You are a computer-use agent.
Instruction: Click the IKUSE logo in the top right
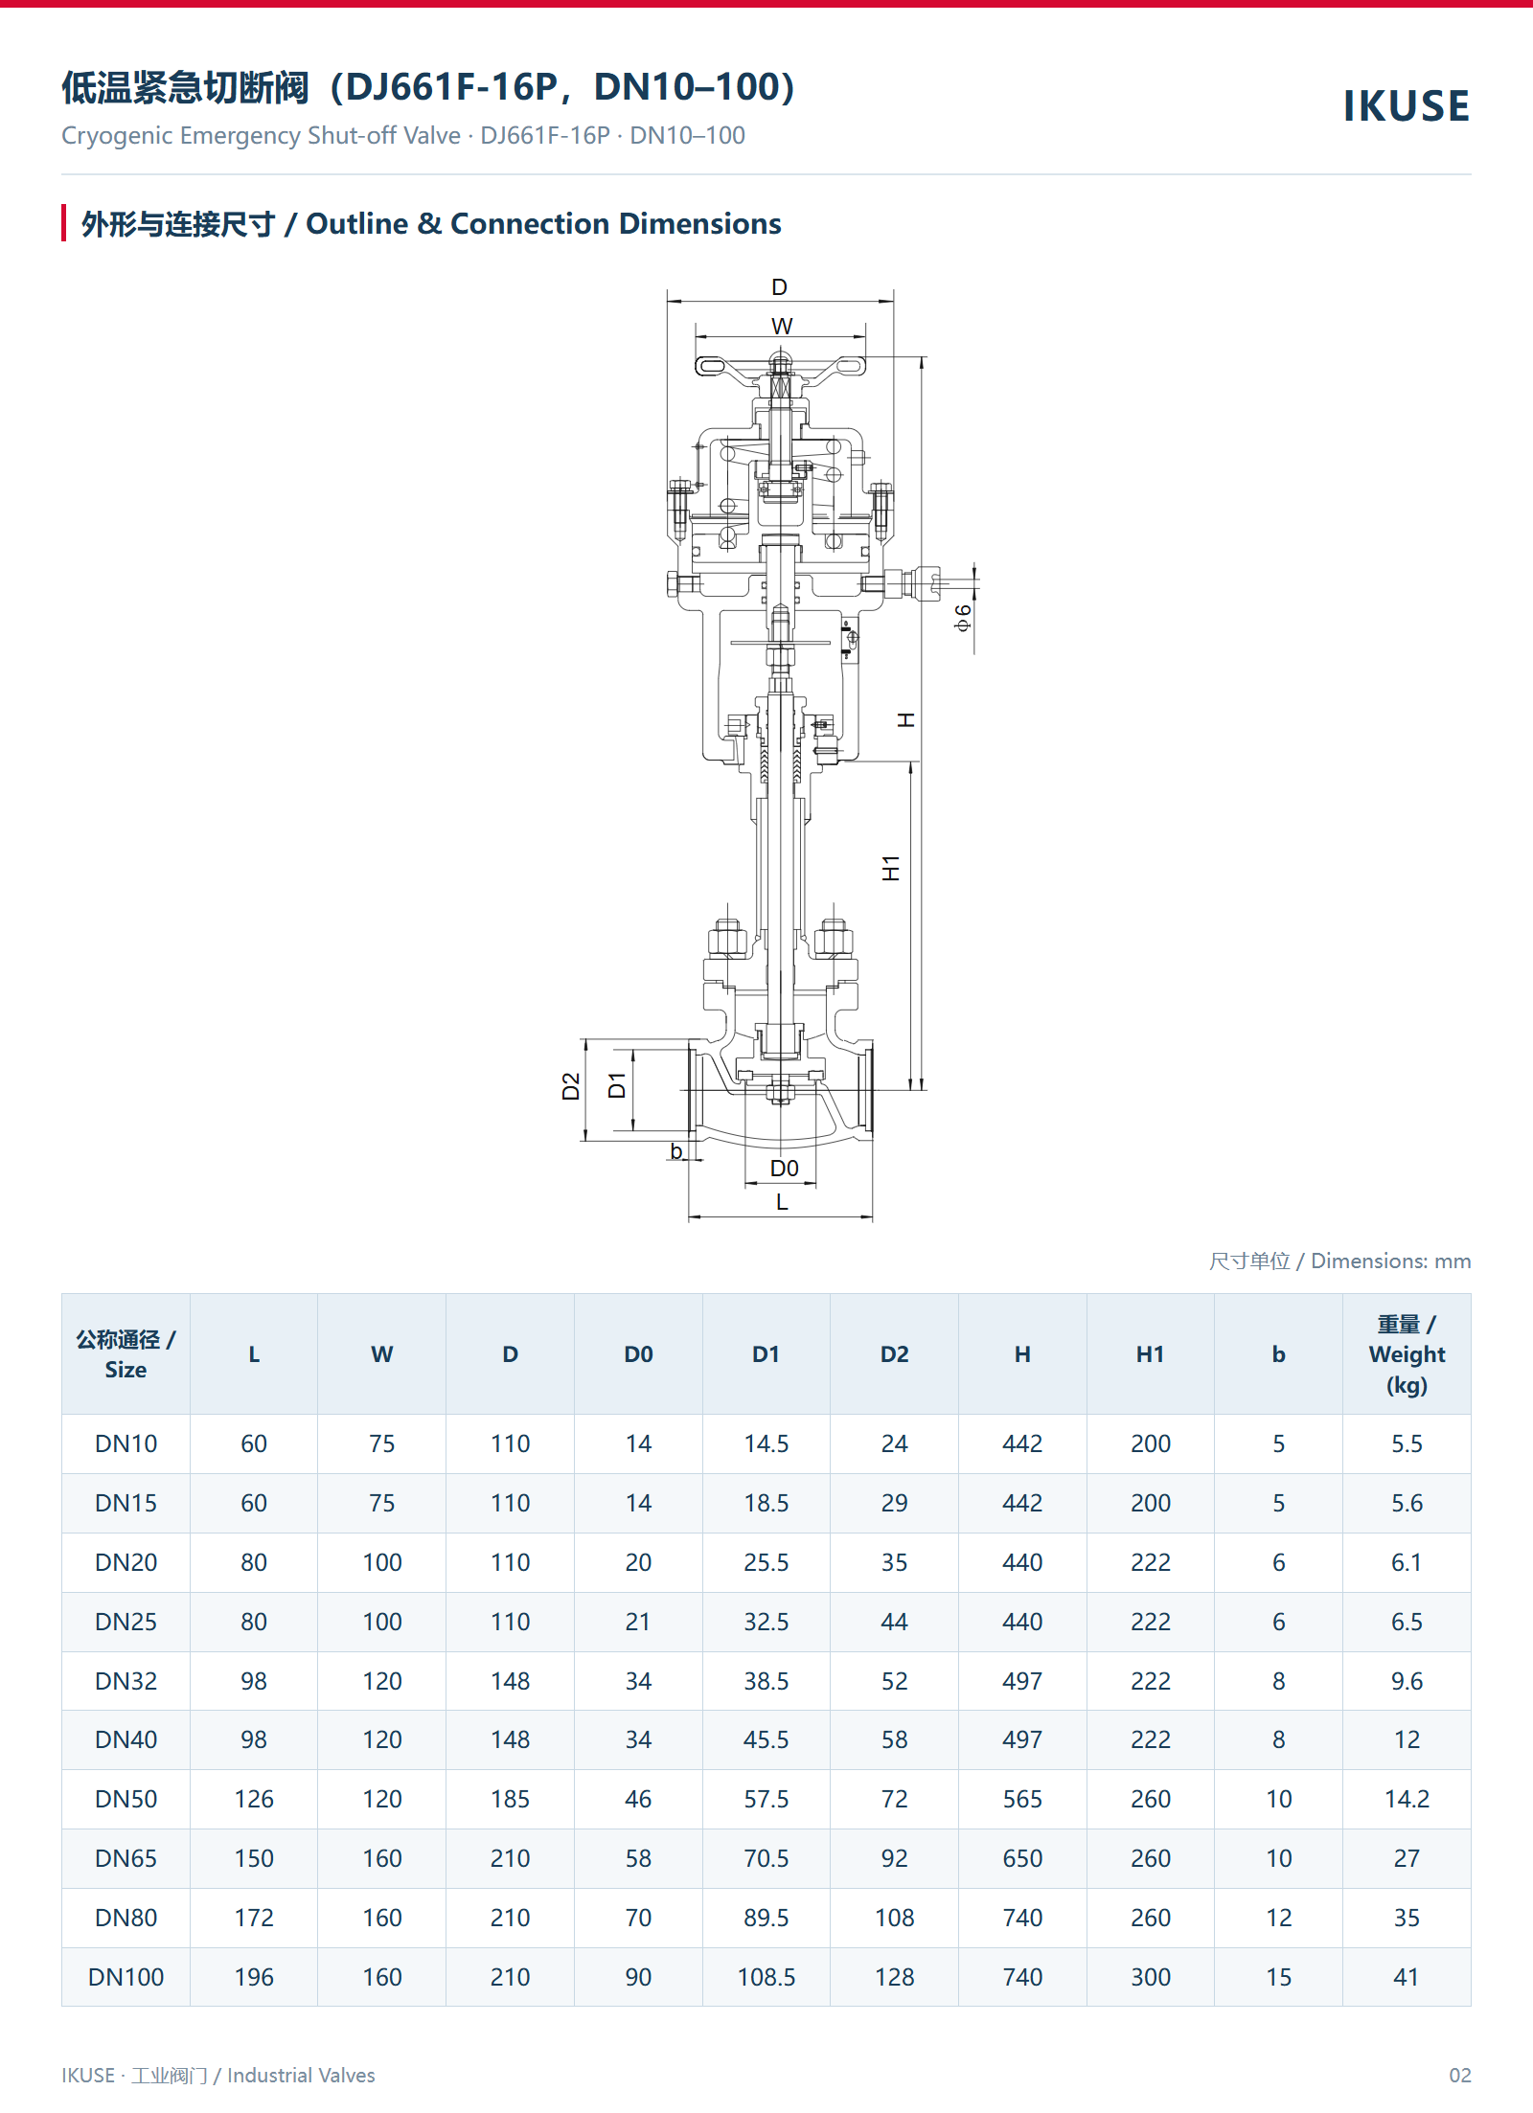pyautogui.click(x=1406, y=106)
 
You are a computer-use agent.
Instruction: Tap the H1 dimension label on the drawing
pyautogui.click(x=891, y=868)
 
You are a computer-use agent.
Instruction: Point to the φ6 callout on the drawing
pyautogui.click(x=963, y=618)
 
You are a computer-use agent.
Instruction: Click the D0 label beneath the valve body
pyautogui.click(x=784, y=1168)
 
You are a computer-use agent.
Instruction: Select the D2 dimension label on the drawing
pyautogui.click(x=571, y=1086)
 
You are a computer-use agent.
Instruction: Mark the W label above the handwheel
pyautogui.click(x=782, y=326)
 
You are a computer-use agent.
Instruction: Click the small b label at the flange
pyautogui.click(x=676, y=1150)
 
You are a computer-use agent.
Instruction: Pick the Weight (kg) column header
pyautogui.click(x=1407, y=1354)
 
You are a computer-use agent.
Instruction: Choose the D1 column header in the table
pyautogui.click(x=766, y=1354)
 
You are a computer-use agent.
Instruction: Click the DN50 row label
pyautogui.click(x=126, y=1799)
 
